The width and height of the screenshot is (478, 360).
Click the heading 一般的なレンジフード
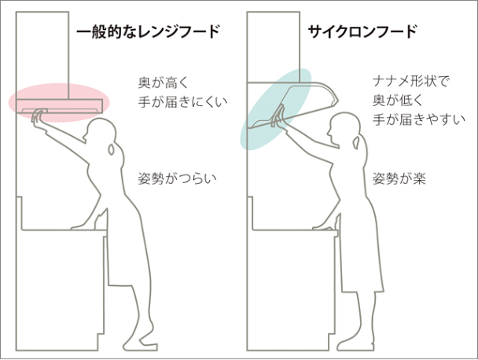(148, 31)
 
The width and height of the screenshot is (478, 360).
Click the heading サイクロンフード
(362, 31)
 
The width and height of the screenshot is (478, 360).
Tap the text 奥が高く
(164, 83)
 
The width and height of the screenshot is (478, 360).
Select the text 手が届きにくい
(183, 102)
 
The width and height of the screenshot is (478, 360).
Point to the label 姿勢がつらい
(178, 178)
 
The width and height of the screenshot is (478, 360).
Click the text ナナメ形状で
(411, 82)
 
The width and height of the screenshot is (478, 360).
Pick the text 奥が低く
(398, 101)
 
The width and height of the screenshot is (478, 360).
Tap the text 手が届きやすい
(419, 119)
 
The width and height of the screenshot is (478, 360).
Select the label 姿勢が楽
(399, 178)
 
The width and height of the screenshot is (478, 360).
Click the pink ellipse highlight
(58, 103)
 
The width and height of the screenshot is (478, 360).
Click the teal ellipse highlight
(276, 108)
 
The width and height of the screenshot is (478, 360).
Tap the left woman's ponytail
(112, 149)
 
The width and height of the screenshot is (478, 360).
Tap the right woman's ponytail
(355, 142)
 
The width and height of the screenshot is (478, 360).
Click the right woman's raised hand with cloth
(278, 117)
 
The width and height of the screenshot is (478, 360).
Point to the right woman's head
(343, 126)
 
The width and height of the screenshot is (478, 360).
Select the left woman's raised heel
(142, 337)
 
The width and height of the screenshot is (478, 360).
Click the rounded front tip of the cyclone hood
(336, 99)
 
